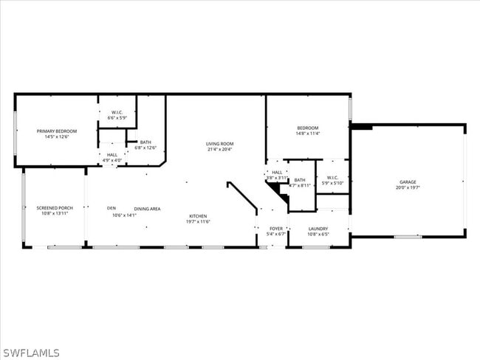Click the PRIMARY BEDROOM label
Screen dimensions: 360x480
pos(57,131)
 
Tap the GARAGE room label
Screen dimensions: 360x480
pos(408,181)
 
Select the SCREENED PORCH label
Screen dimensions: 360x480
pos(52,208)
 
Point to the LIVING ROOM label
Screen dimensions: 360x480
pos(220,143)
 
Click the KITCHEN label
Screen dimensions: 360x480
pos(197,216)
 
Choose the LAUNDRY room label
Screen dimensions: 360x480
pos(318,229)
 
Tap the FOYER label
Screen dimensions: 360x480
pos(276,229)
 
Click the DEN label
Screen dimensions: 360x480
pos(112,208)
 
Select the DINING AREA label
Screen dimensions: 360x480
pos(147,209)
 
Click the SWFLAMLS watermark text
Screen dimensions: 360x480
pos(30,353)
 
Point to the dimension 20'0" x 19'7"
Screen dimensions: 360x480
pos(408,187)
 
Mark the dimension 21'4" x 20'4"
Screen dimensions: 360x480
pos(220,149)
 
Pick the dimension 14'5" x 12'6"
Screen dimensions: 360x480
pos(57,136)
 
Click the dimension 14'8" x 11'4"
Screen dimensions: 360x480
pos(307,134)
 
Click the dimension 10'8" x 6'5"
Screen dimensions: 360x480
pos(318,235)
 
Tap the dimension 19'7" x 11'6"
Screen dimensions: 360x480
pos(197,222)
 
